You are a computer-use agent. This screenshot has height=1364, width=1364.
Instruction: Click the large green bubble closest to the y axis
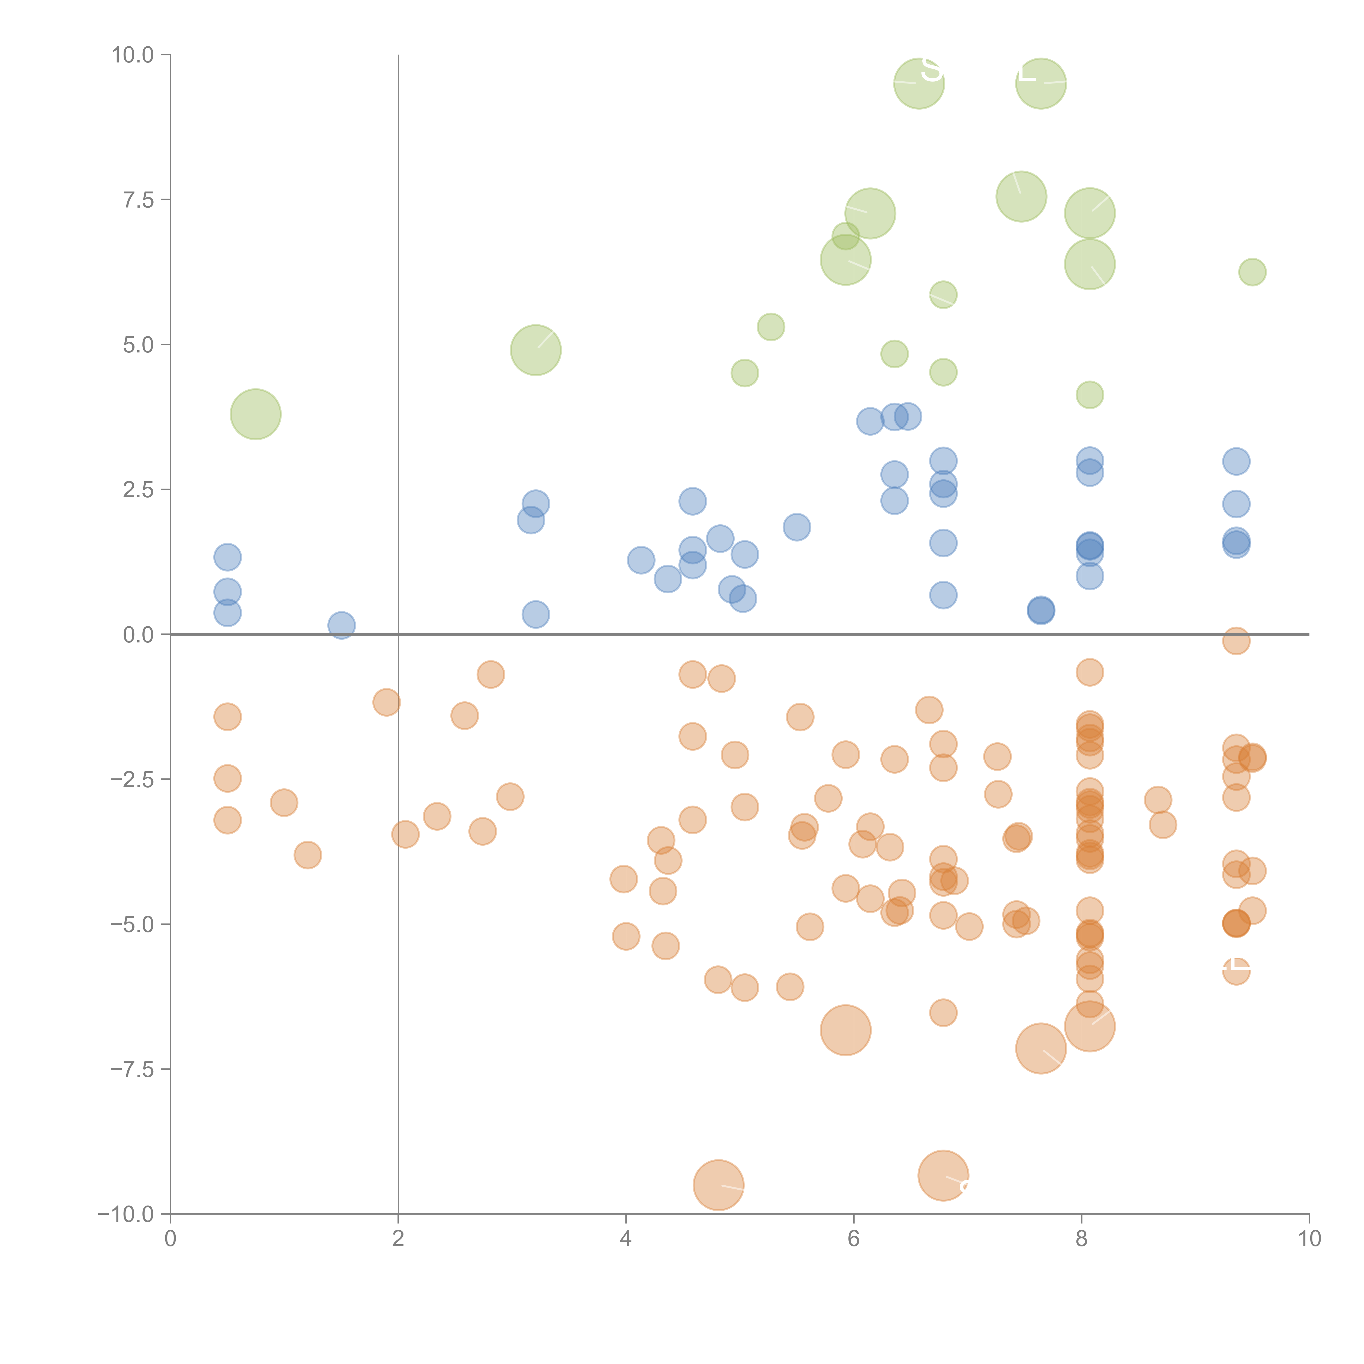[256, 414]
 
